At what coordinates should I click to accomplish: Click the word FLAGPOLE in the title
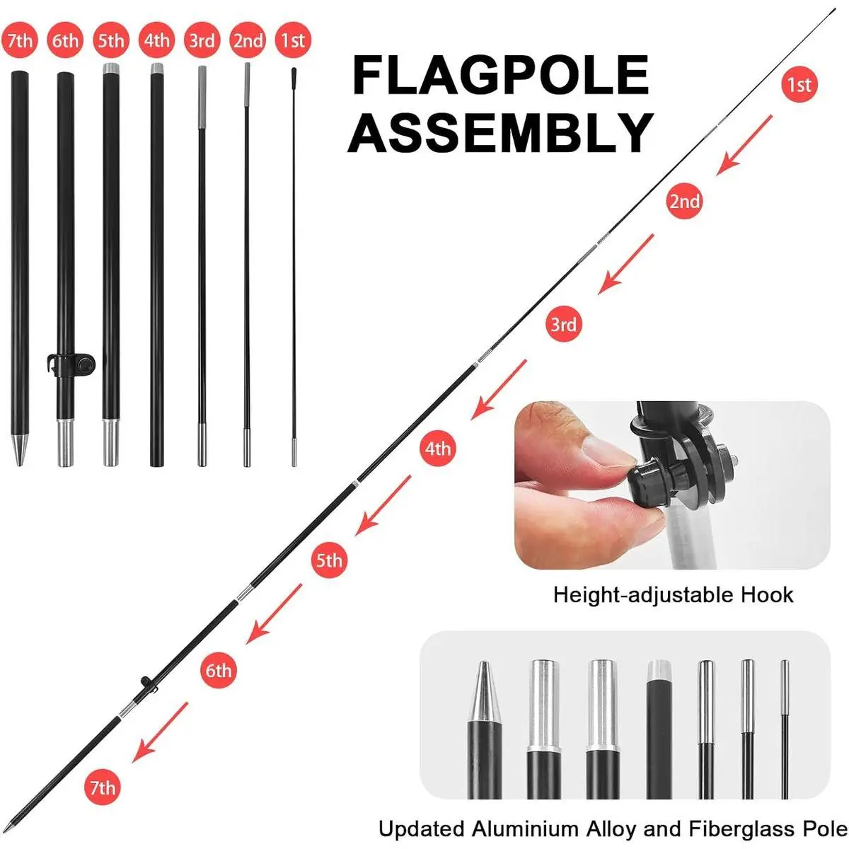point(500,75)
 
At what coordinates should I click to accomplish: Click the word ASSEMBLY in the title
point(500,132)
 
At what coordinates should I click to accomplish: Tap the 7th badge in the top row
point(20,40)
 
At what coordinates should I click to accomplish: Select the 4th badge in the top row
point(157,40)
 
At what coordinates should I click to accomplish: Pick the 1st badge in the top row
point(293,40)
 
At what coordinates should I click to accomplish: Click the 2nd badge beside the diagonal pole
point(684,201)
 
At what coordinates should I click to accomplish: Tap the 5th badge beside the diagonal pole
point(329,560)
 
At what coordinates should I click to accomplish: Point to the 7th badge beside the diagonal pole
point(102,787)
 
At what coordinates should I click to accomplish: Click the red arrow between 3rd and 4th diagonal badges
point(498,389)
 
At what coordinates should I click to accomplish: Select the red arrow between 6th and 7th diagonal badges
point(160,732)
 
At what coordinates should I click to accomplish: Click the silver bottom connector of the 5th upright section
point(110,442)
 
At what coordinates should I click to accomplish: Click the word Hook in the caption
point(767,595)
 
